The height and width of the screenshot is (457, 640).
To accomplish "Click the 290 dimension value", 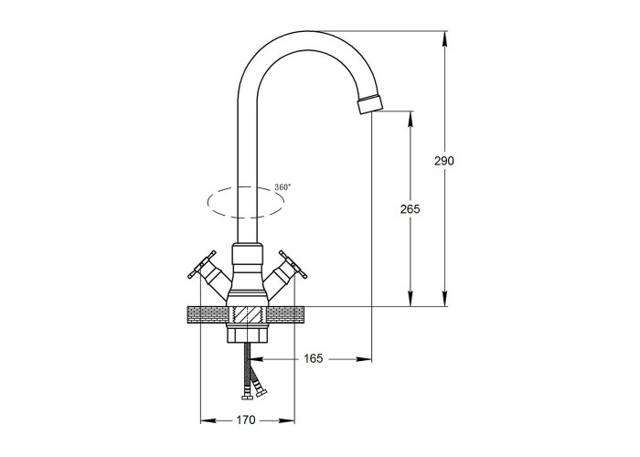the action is click(x=443, y=161).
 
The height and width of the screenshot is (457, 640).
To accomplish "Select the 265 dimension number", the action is click(x=410, y=209).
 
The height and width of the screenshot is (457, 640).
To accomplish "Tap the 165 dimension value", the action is click(x=314, y=358).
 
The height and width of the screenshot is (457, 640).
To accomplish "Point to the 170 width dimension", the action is click(x=246, y=420).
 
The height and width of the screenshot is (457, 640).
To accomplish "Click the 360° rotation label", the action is click(x=283, y=187).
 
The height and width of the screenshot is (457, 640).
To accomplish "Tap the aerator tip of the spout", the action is click(x=370, y=104).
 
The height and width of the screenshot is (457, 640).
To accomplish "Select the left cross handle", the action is click(x=202, y=264).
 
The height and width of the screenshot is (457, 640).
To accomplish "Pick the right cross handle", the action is click(x=293, y=264).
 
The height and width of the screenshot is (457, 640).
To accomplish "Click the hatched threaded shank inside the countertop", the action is click(x=247, y=315).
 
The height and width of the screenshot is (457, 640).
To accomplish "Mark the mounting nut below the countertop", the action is click(x=247, y=333).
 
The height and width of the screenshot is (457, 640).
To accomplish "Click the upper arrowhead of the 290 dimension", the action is click(x=444, y=38).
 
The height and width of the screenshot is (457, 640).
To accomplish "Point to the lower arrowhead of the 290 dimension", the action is click(x=444, y=299).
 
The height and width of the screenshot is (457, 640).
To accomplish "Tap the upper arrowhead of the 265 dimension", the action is click(x=411, y=118).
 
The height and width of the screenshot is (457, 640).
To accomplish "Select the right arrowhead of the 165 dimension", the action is click(x=364, y=359).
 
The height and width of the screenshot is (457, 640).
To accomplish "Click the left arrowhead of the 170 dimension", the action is click(x=208, y=420).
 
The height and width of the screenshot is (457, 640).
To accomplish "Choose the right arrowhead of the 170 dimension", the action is click(x=287, y=420).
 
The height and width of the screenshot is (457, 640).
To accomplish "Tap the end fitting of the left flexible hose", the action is click(x=246, y=398).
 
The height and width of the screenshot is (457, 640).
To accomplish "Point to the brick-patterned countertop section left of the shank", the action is click(x=208, y=315).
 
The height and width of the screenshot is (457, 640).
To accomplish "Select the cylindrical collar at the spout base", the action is click(x=247, y=259).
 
